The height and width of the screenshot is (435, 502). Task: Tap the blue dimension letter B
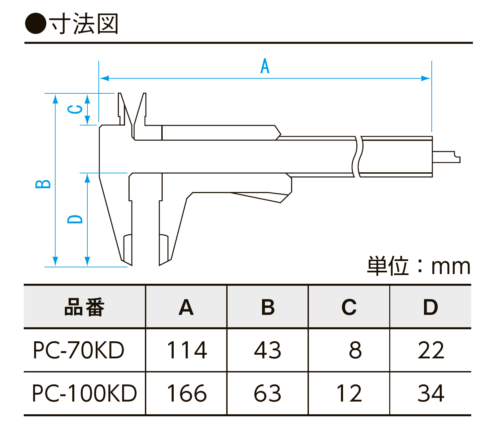click(43, 184)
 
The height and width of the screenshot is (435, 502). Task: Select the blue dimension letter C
click(75, 109)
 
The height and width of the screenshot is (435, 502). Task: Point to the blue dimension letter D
click(75, 219)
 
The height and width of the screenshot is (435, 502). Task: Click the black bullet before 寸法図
click(35, 23)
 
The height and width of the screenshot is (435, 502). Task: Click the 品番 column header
click(84, 307)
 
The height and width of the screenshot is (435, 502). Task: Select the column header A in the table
click(186, 307)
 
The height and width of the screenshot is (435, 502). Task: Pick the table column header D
click(430, 307)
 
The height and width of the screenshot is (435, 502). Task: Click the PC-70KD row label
click(79, 350)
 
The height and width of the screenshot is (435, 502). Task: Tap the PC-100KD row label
click(84, 393)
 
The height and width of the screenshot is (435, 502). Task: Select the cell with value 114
click(187, 350)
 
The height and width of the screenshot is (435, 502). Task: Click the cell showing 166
click(187, 393)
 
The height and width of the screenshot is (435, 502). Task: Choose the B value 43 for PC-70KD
click(267, 350)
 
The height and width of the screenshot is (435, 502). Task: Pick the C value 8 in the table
click(355, 350)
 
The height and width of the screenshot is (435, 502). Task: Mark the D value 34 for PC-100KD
click(431, 393)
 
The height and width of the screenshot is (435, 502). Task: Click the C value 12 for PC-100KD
click(349, 393)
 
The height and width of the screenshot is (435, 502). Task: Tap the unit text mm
click(451, 267)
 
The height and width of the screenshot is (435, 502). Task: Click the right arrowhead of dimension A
click(426, 78)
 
